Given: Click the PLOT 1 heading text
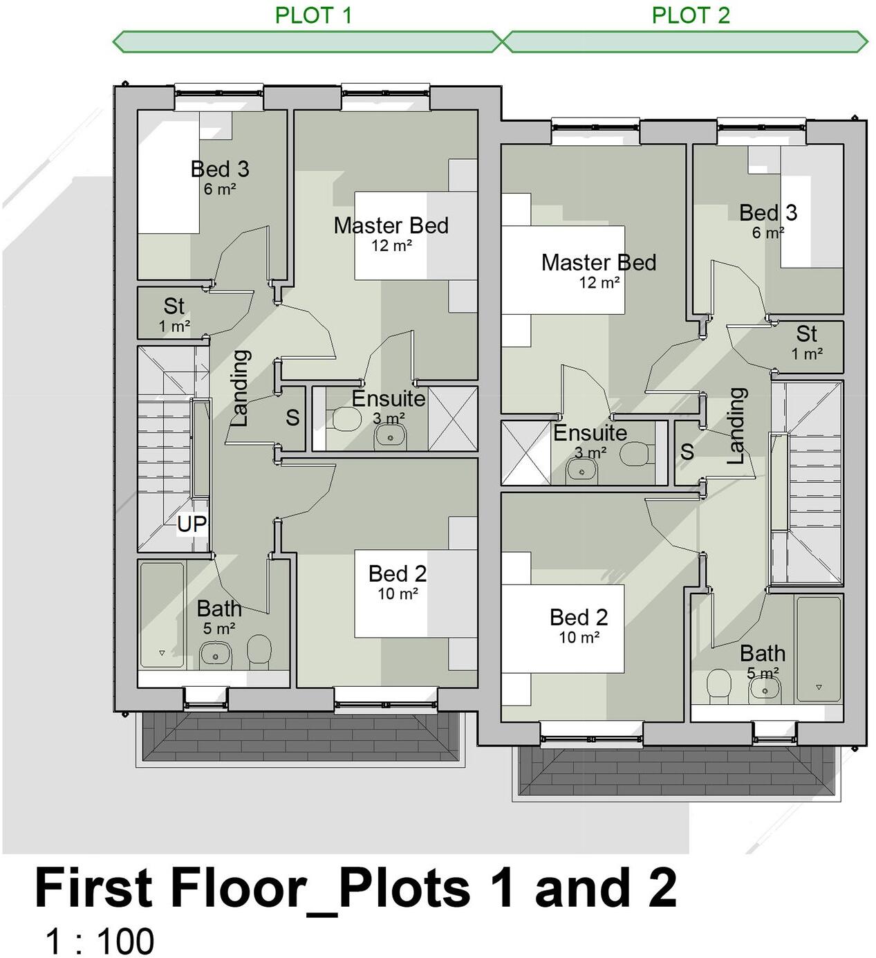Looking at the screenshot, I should click(313, 15).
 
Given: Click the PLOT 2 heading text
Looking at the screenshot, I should click(690, 15).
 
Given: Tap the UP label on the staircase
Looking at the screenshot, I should click(192, 524).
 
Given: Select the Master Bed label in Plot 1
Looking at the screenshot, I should click(391, 225).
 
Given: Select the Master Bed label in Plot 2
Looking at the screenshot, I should click(598, 263).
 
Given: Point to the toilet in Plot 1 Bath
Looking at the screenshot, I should click(259, 651).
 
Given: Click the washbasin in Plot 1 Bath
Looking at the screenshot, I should click(215, 654).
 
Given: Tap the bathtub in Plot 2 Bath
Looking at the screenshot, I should click(818, 649).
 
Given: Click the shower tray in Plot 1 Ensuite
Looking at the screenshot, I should click(453, 418).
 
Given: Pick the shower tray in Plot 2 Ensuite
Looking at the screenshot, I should click(525, 453).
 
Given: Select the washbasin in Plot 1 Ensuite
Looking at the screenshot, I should click(391, 436).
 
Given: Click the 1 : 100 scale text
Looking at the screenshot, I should click(100, 941).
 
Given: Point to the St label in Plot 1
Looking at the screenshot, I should click(174, 306).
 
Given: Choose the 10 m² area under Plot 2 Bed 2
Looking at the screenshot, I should click(579, 637).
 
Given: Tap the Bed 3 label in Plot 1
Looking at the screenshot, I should click(219, 169).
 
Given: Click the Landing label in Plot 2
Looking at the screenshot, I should click(737, 425).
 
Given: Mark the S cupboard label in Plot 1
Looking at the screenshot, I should click(292, 417).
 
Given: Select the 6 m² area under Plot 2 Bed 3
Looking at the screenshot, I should click(767, 232).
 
